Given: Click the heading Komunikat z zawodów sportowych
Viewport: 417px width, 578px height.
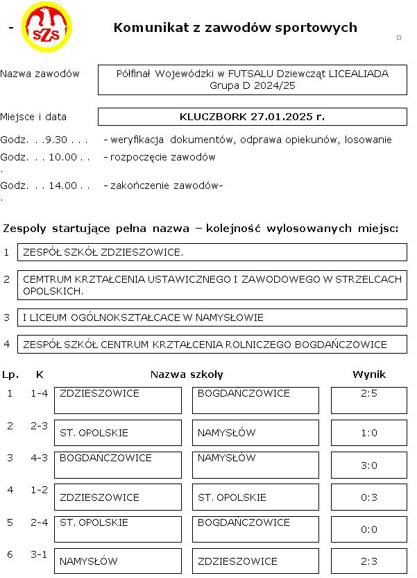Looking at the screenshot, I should (x=235, y=28).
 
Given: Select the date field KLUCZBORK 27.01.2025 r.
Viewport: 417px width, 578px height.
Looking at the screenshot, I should (x=252, y=117).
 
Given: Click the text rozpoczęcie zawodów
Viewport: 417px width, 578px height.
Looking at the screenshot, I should (x=162, y=157).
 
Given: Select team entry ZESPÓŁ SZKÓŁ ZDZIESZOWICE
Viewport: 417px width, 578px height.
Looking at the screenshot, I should (x=103, y=251).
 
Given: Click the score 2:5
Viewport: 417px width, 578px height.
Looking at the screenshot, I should (x=368, y=394).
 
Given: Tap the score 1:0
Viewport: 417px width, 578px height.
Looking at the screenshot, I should (x=368, y=433).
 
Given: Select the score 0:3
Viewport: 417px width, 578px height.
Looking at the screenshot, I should (x=368, y=497).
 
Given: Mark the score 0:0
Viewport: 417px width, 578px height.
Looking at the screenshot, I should (x=368, y=529).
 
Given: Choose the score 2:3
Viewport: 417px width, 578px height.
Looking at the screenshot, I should (x=368, y=561).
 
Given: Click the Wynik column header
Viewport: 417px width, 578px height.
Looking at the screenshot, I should (x=368, y=374).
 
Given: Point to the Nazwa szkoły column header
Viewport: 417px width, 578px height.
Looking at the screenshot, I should (x=187, y=374).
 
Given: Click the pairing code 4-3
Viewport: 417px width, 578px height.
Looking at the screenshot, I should (x=40, y=458).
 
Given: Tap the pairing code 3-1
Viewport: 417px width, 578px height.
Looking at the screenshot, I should (x=40, y=554).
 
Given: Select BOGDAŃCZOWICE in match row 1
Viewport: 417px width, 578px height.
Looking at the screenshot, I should (x=244, y=394).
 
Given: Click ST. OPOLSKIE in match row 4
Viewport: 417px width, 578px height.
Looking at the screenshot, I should (x=232, y=497).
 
